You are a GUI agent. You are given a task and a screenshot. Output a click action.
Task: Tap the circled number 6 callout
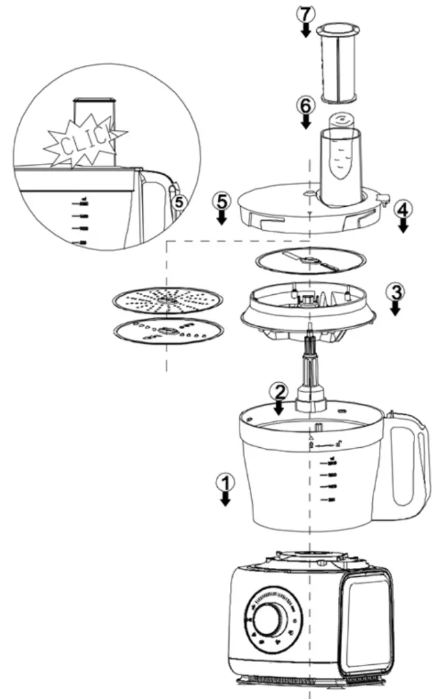point(305,106)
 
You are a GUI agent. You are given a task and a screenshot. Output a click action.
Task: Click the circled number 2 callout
point(278,392)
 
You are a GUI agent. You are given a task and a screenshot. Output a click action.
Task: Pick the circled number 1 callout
point(225,482)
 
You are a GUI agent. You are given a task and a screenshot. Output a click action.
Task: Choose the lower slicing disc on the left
point(168,333)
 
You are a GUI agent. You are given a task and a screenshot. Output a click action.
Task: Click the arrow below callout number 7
point(305,30)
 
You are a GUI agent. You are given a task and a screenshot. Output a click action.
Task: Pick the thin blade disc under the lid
point(310,259)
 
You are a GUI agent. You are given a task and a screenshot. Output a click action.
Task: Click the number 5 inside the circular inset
point(178,203)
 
